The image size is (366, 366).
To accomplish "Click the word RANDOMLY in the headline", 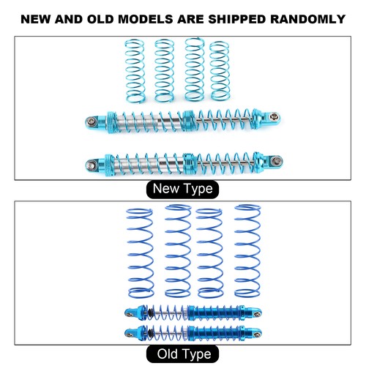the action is click(x=307, y=19).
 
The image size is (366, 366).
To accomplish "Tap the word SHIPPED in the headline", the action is click(x=236, y=19).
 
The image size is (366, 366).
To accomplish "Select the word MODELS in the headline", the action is click(x=145, y=19).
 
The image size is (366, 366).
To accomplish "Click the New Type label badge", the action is click(x=182, y=189).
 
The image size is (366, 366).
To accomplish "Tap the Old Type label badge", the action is click(x=182, y=354).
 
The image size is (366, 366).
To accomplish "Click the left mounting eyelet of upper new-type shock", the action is click(x=92, y=121).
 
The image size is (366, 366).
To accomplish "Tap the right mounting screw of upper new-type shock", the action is click(x=275, y=116).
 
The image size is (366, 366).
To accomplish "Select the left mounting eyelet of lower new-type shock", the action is click(x=91, y=165).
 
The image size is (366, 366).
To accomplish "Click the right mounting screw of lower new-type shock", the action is click(x=277, y=160).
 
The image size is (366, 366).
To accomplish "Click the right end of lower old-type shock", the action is click(x=257, y=333).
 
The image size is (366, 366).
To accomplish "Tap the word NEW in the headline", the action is click(x=36, y=19).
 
